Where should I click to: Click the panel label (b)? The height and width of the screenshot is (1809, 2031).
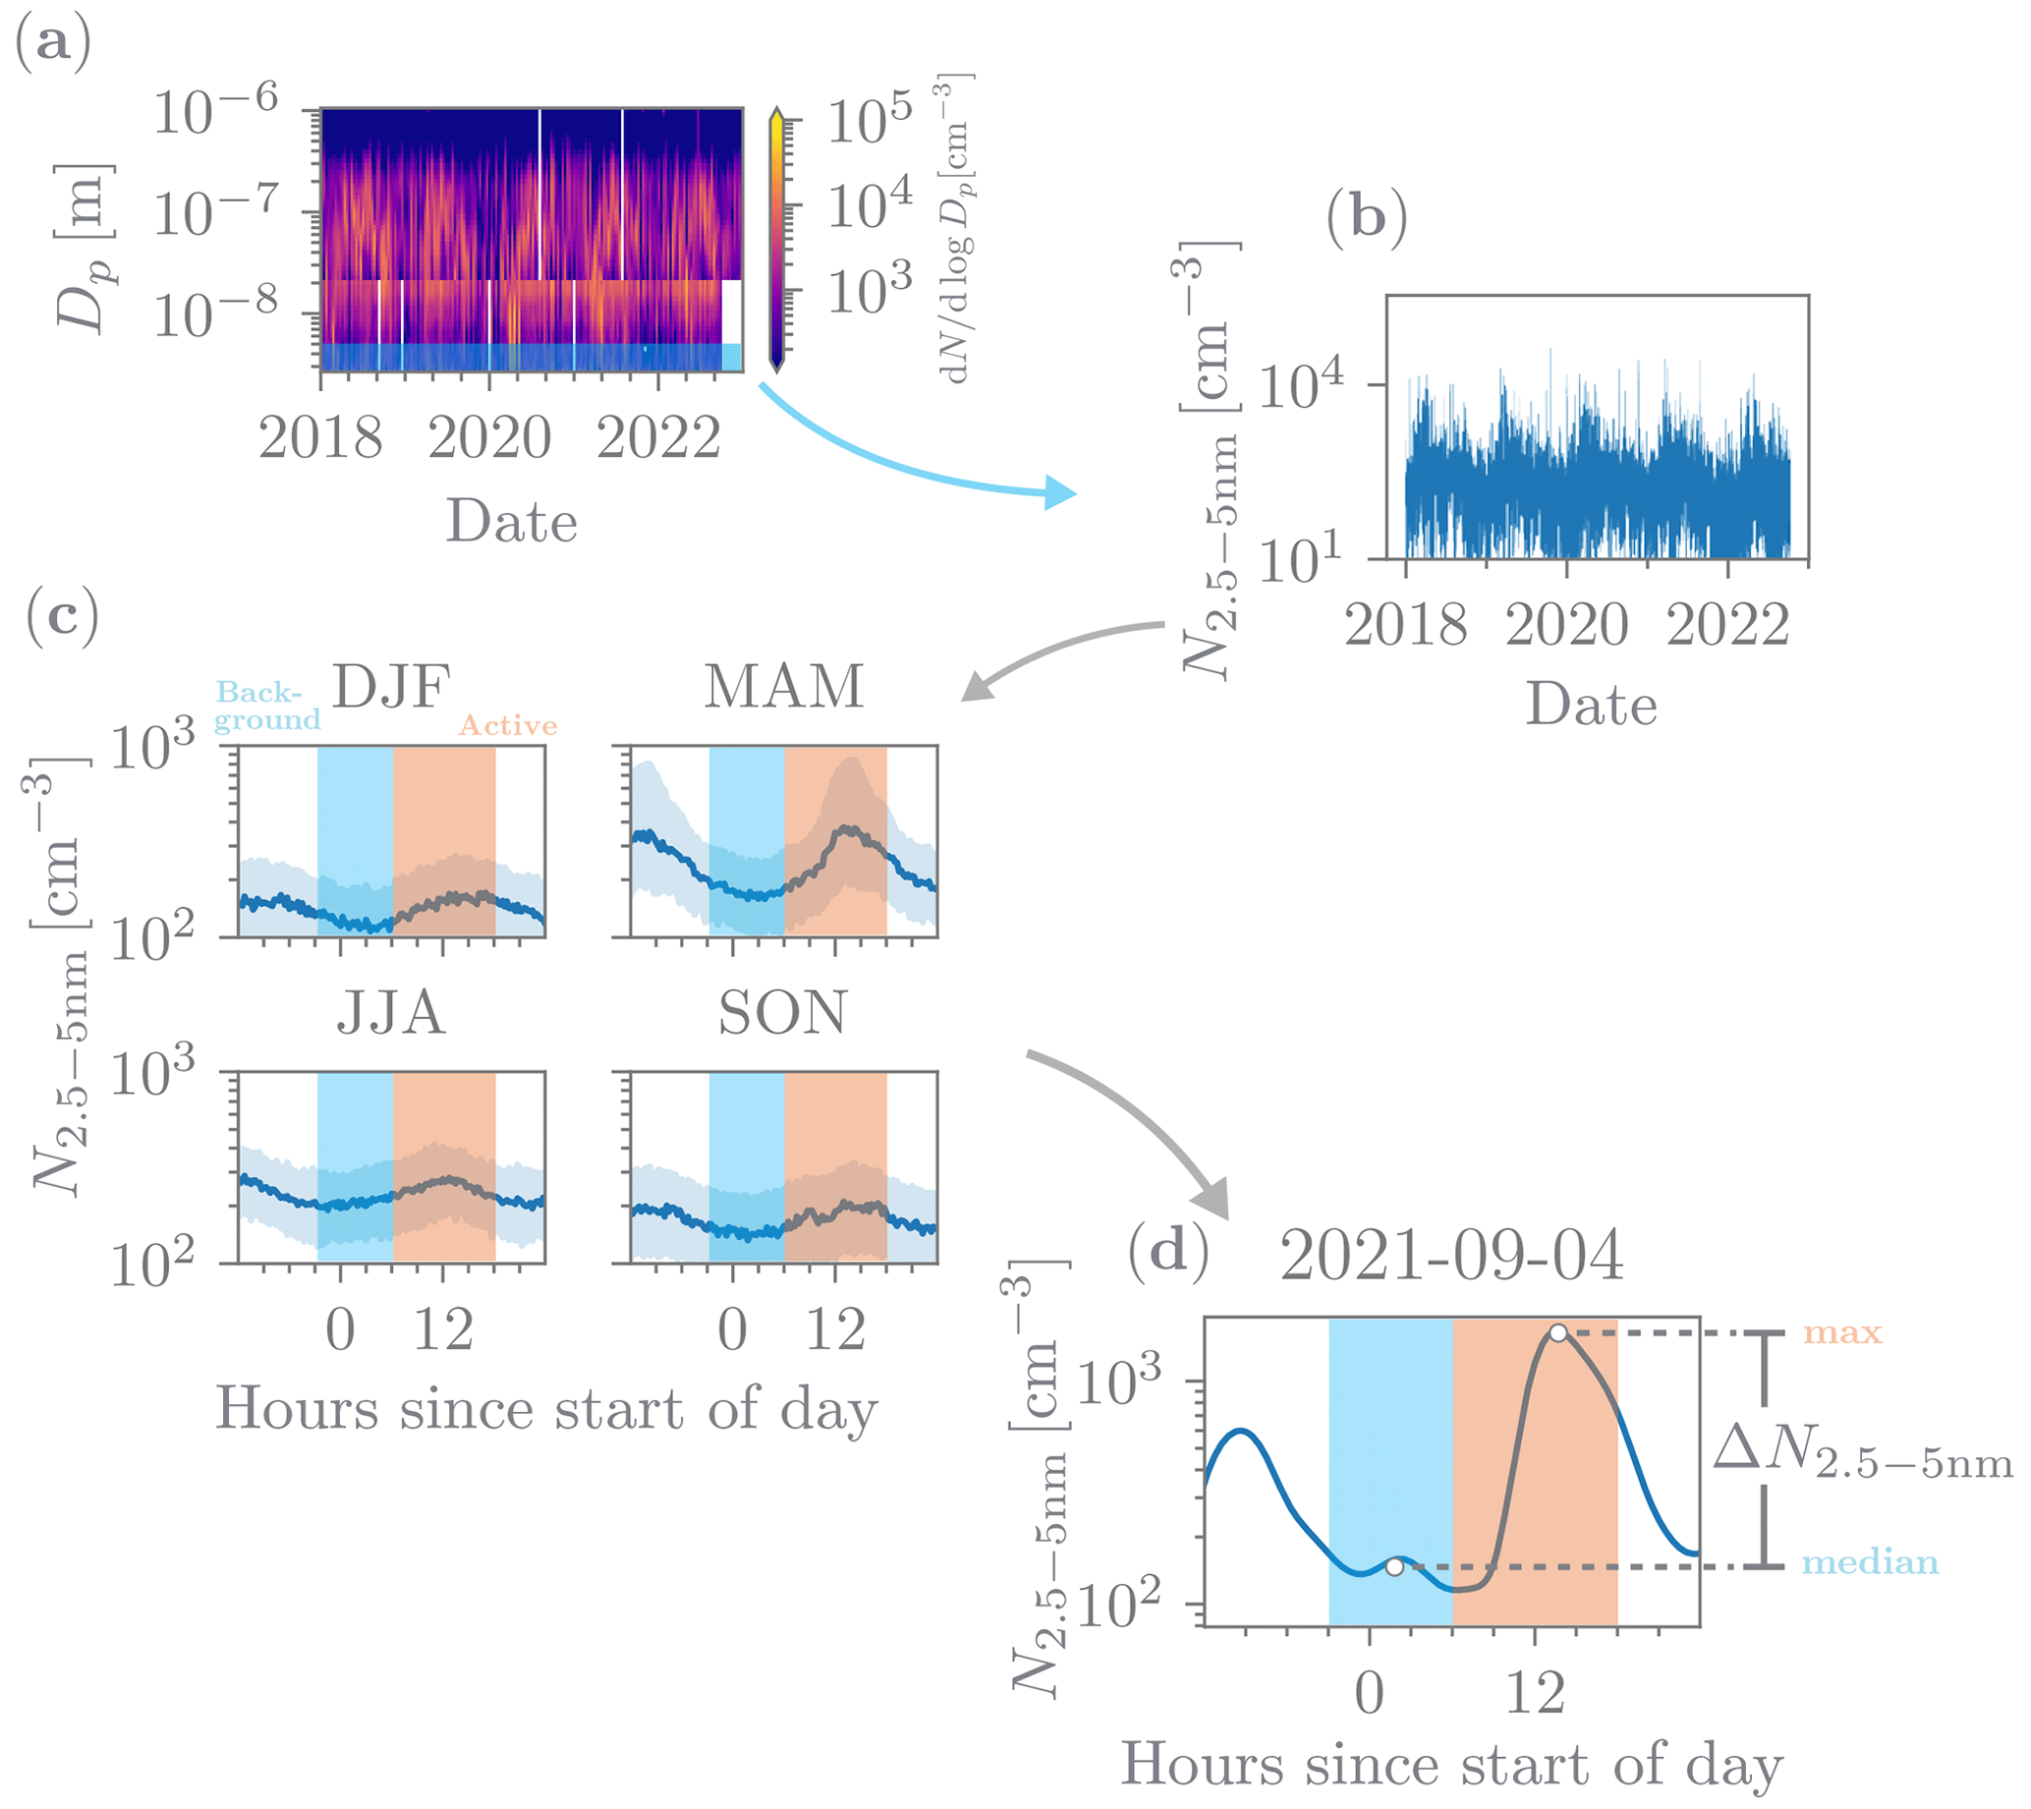(x=1367, y=217)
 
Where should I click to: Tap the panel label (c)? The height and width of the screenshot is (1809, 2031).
(x=63, y=616)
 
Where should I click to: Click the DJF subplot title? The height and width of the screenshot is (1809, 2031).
(x=391, y=686)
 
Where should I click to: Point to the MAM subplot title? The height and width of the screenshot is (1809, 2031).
(x=783, y=686)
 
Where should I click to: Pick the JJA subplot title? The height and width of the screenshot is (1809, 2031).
(x=391, y=1014)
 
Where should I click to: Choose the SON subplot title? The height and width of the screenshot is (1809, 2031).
(x=783, y=1014)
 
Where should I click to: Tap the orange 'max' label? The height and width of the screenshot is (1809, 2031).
(x=1842, y=1332)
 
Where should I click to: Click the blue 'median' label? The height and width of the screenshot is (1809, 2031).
(x=1870, y=1563)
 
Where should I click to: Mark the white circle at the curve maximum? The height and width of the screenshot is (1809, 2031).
(x=1557, y=1332)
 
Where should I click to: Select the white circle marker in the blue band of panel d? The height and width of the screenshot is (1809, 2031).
(x=1394, y=1567)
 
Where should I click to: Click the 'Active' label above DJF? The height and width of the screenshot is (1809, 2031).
(x=507, y=725)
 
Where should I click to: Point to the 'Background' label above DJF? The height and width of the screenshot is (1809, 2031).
(x=266, y=706)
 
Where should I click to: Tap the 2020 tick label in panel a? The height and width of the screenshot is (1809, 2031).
(x=489, y=438)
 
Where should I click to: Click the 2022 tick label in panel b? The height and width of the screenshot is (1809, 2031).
(x=1727, y=626)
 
